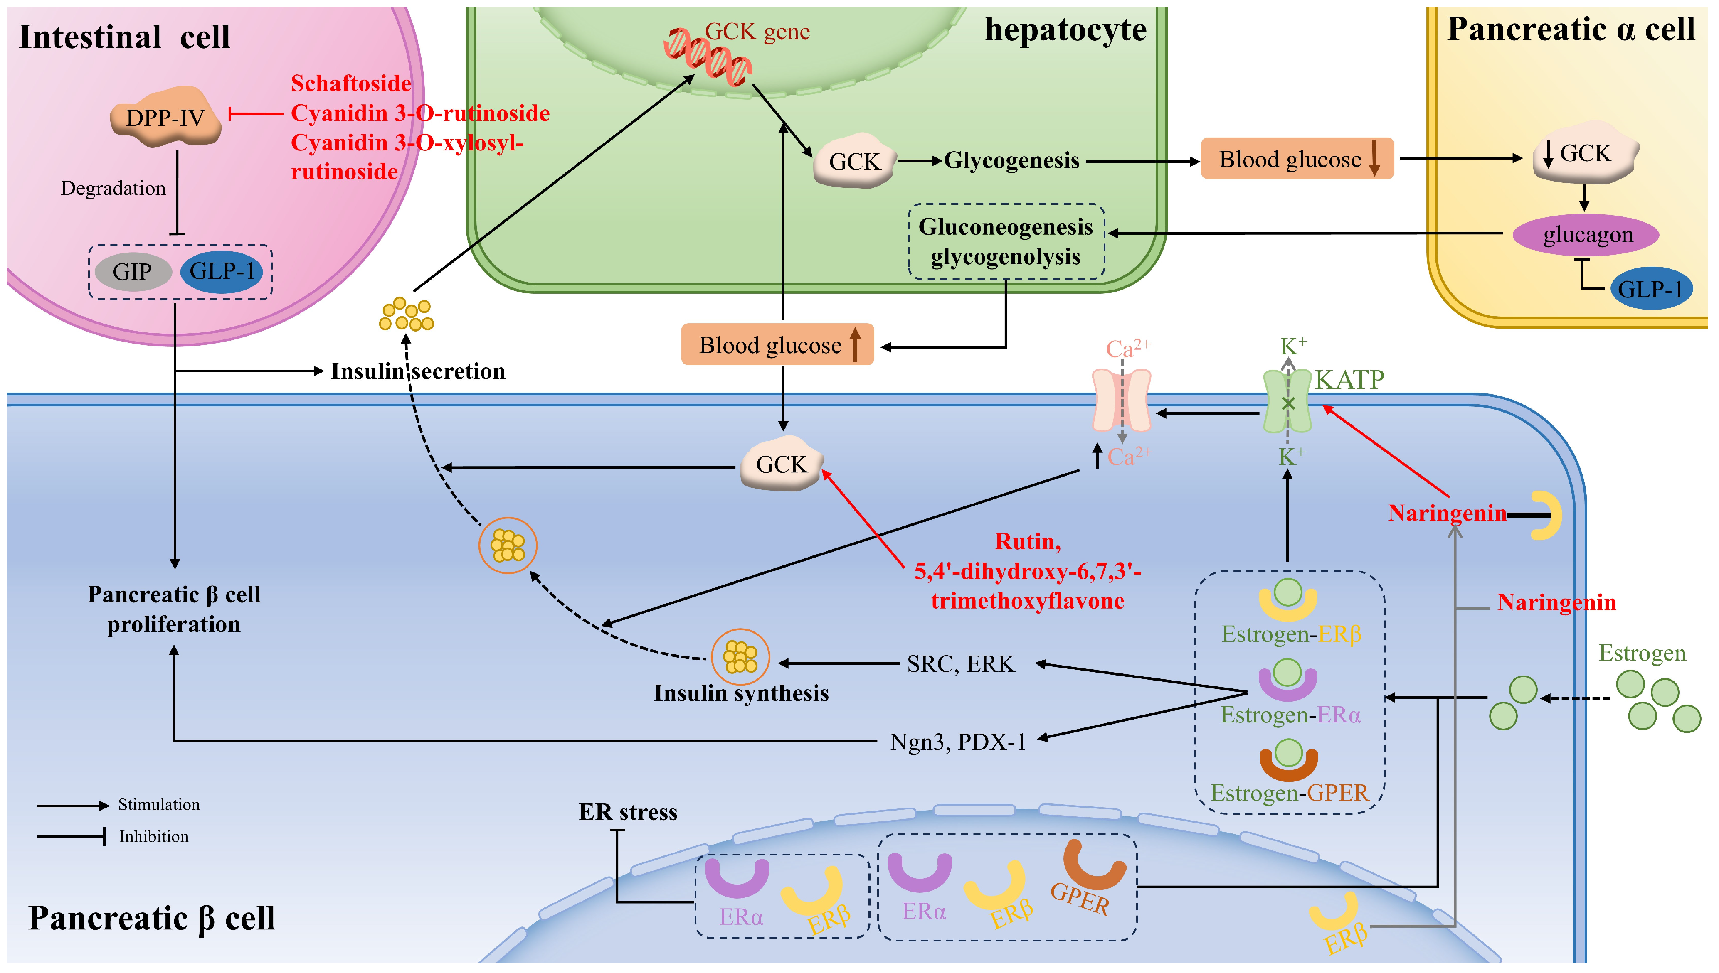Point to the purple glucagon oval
[x=1586, y=235]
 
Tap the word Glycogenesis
[x=1011, y=160]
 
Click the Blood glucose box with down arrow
[x=1297, y=158]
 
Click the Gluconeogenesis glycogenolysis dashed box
[x=1006, y=241]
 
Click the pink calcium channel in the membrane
[x=1121, y=401]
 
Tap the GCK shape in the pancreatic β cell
[x=782, y=463]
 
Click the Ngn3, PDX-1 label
[x=957, y=742]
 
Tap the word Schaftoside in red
[x=351, y=84]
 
